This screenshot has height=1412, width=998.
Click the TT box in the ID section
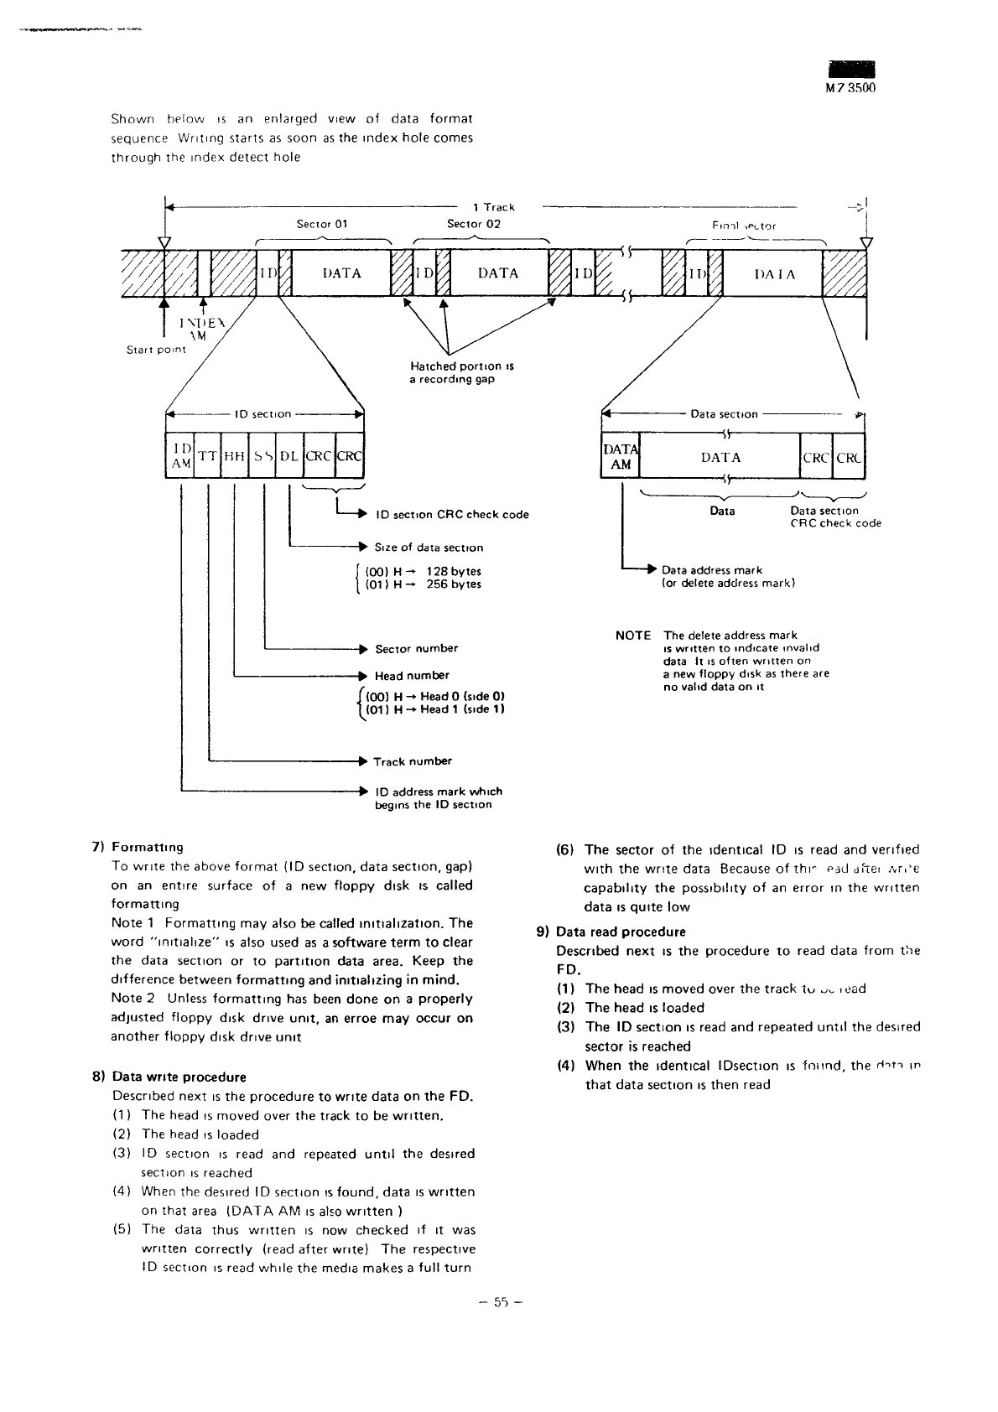207,456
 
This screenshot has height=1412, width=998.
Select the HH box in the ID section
236,456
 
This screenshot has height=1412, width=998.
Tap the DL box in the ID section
288,456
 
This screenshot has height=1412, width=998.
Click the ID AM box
180,456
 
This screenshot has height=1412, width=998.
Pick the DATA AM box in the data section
621,457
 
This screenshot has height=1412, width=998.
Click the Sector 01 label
322,224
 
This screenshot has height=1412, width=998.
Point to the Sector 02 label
474,224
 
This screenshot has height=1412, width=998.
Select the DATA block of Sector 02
498,273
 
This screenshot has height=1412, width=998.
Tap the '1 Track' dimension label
494,207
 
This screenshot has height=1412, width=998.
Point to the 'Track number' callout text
413,761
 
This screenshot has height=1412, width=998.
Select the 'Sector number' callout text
416,648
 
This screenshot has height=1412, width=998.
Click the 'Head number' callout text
412,675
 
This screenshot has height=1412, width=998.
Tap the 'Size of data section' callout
429,548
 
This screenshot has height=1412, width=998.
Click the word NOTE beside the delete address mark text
633,636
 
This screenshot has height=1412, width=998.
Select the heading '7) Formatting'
138,847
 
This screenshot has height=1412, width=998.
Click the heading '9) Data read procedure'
611,932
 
